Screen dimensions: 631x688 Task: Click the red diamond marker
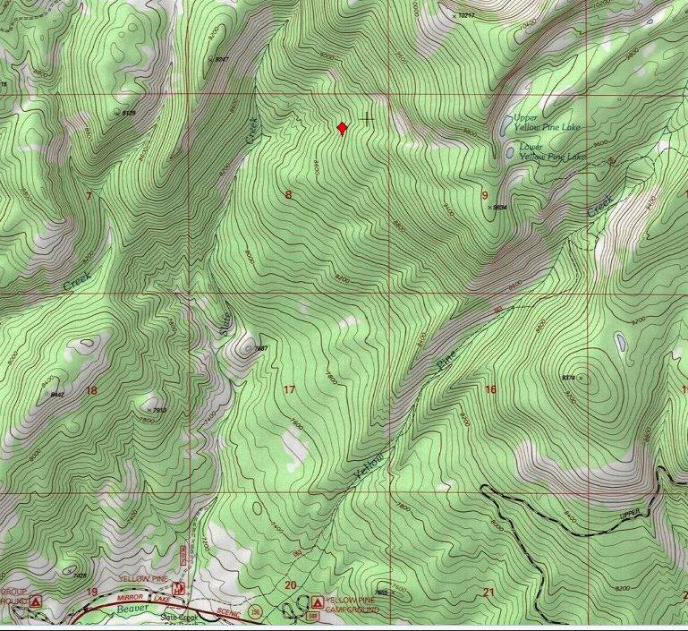pos(342,128)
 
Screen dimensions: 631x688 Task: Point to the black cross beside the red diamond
pos(367,118)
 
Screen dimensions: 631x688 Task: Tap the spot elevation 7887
pos(260,348)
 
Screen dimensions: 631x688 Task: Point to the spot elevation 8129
pos(128,114)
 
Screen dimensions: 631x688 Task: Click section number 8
pos(288,194)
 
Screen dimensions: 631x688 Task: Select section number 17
pos(288,389)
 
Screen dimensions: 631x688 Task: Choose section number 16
pos(490,389)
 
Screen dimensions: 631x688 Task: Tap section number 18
pos(90,390)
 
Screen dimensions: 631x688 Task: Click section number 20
pos(290,585)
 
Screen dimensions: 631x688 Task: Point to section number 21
pos(488,593)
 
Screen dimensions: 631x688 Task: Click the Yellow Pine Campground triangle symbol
pos(317,601)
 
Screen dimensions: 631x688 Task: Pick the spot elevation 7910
pos(157,410)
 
